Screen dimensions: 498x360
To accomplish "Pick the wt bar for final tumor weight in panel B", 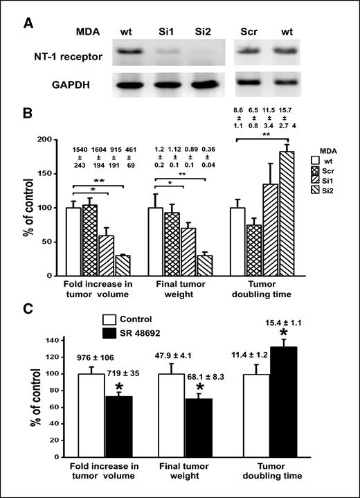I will point(156,241).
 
